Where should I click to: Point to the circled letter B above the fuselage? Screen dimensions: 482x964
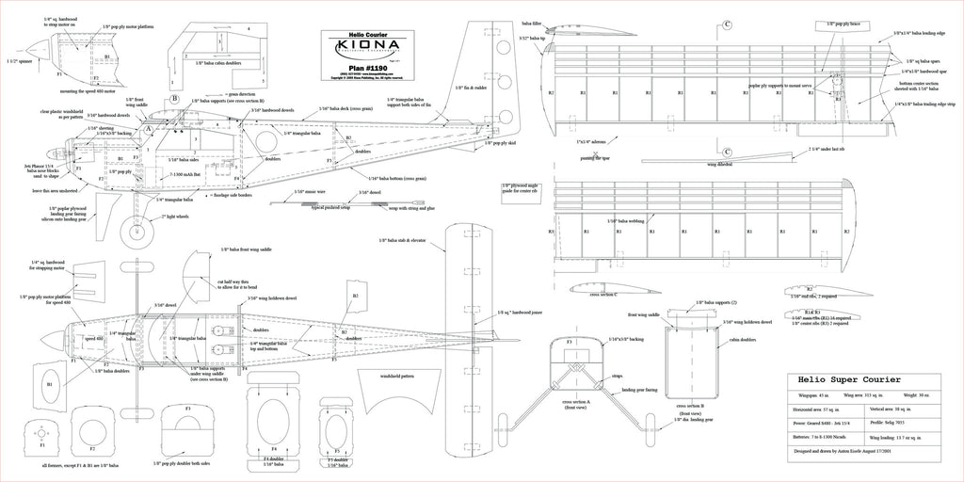174,98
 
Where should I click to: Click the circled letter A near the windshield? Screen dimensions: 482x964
147,128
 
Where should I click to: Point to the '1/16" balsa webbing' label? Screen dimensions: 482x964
632,220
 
